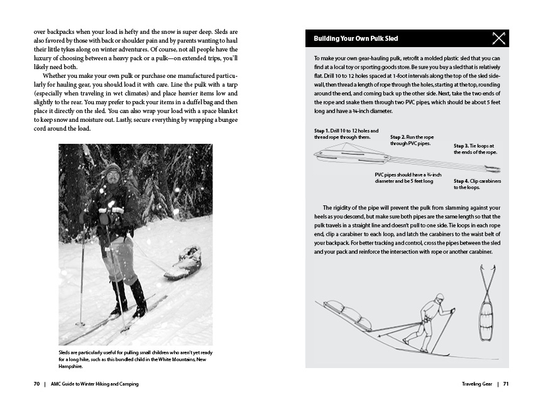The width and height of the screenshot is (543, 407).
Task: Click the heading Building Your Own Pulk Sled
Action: coord(356,39)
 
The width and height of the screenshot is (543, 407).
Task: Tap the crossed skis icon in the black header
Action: coord(498,39)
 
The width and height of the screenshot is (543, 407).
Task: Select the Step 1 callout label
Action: coord(342,133)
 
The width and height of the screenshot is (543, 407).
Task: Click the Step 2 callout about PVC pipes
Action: coord(412,140)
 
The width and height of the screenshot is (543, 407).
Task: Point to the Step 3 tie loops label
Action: coord(475,149)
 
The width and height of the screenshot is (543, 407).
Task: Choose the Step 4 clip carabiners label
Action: coord(475,184)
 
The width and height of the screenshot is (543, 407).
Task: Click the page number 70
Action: coord(37,384)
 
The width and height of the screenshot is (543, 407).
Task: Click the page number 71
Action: coord(505,384)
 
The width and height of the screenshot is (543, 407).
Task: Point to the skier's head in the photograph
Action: coord(113,171)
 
